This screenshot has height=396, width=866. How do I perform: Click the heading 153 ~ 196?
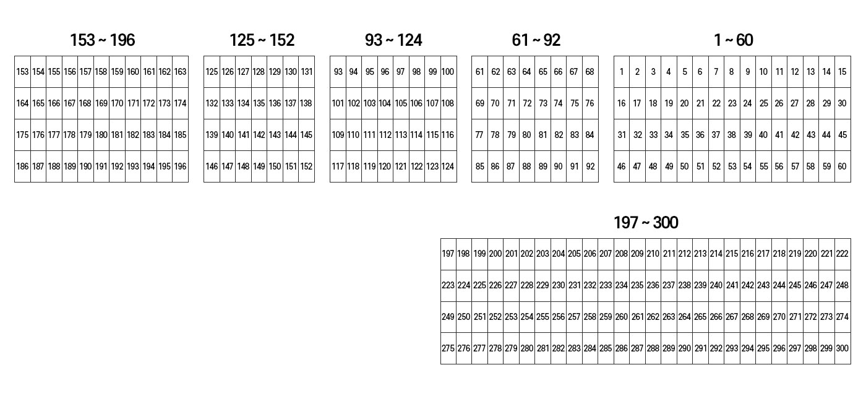click(x=103, y=40)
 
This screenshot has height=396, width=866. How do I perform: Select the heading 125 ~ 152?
click(x=262, y=40)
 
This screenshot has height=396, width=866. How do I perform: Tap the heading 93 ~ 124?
click(x=393, y=40)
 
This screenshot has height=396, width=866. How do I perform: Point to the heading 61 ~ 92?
click(x=536, y=40)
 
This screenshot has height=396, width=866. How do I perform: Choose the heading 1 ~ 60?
click(x=734, y=40)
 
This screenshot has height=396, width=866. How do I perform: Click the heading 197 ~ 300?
click(x=646, y=223)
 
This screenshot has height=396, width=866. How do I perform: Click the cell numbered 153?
click(x=22, y=72)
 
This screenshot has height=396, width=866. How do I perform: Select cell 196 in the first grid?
click(x=181, y=166)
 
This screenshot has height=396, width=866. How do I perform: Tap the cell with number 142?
click(x=259, y=135)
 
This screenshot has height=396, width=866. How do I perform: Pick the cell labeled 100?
click(x=448, y=72)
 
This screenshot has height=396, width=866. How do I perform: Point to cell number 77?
click(x=479, y=135)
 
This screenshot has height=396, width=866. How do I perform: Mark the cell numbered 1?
click(x=622, y=72)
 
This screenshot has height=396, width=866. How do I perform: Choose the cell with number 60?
click(x=842, y=166)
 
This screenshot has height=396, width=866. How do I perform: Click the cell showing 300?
click(x=842, y=348)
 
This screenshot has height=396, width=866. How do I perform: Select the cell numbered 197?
click(x=448, y=254)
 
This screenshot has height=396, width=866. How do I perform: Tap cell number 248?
click(x=842, y=285)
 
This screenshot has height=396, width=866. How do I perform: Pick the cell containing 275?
click(x=448, y=348)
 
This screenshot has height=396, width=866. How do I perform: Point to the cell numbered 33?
click(x=653, y=135)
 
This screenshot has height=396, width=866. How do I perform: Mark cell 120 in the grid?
click(x=385, y=166)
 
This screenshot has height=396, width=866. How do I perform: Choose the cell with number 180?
click(x=101, y=135)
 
